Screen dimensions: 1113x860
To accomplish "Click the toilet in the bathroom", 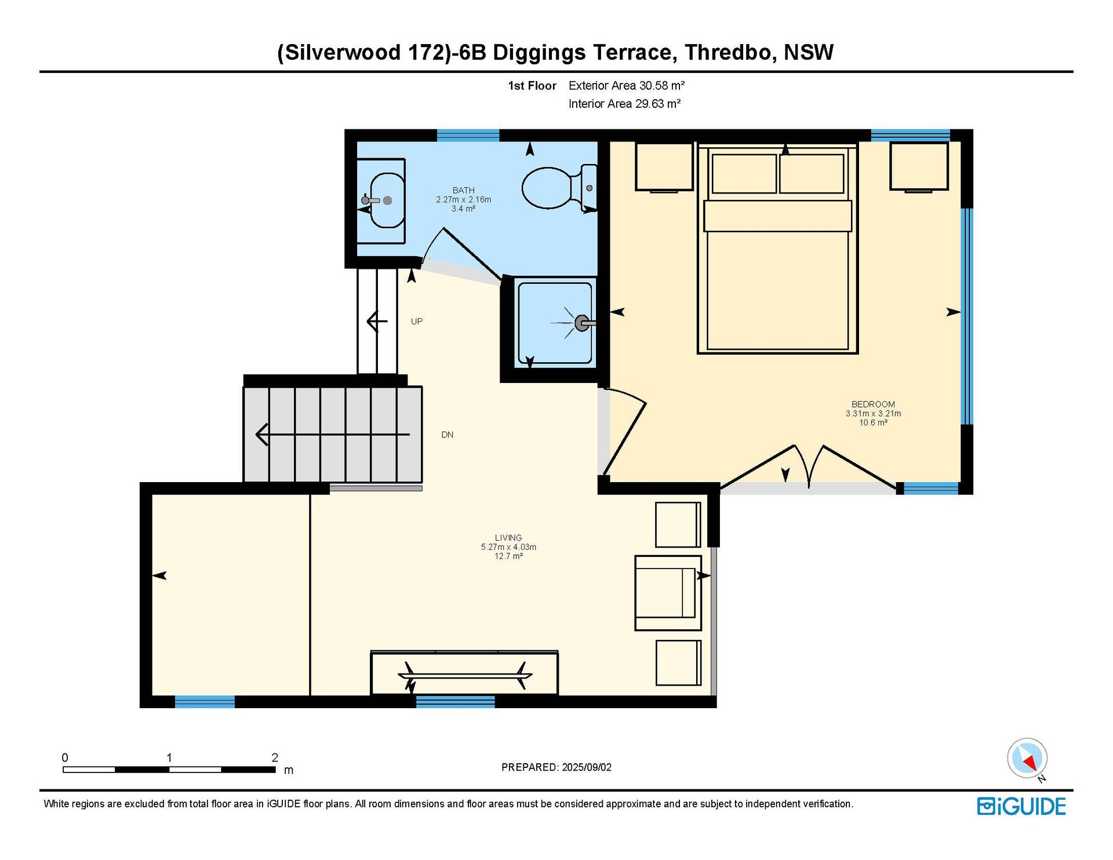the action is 559,188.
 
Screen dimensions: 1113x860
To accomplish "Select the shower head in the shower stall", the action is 582,323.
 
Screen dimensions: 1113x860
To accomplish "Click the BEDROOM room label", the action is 873,404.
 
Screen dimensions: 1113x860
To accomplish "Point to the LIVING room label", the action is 508,538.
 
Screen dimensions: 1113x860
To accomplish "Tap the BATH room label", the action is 464,190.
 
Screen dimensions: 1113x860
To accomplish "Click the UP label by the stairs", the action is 417,321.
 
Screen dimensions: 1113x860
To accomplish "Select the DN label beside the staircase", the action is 448,435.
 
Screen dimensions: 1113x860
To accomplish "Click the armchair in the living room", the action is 668,593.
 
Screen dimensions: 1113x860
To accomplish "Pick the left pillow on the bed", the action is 744,173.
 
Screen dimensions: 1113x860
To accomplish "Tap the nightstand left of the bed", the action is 664,166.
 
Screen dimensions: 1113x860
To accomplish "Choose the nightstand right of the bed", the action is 919,166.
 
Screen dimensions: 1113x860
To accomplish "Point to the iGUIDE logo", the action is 1021,806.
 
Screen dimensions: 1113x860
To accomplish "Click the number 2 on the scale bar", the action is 275,757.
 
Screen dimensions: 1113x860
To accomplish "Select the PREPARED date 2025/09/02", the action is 587,767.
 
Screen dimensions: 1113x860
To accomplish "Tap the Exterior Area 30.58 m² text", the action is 627,86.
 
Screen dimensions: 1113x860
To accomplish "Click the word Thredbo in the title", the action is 728,53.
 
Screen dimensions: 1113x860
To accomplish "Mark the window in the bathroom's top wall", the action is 468,136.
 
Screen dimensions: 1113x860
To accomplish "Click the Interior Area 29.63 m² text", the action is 624,104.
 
